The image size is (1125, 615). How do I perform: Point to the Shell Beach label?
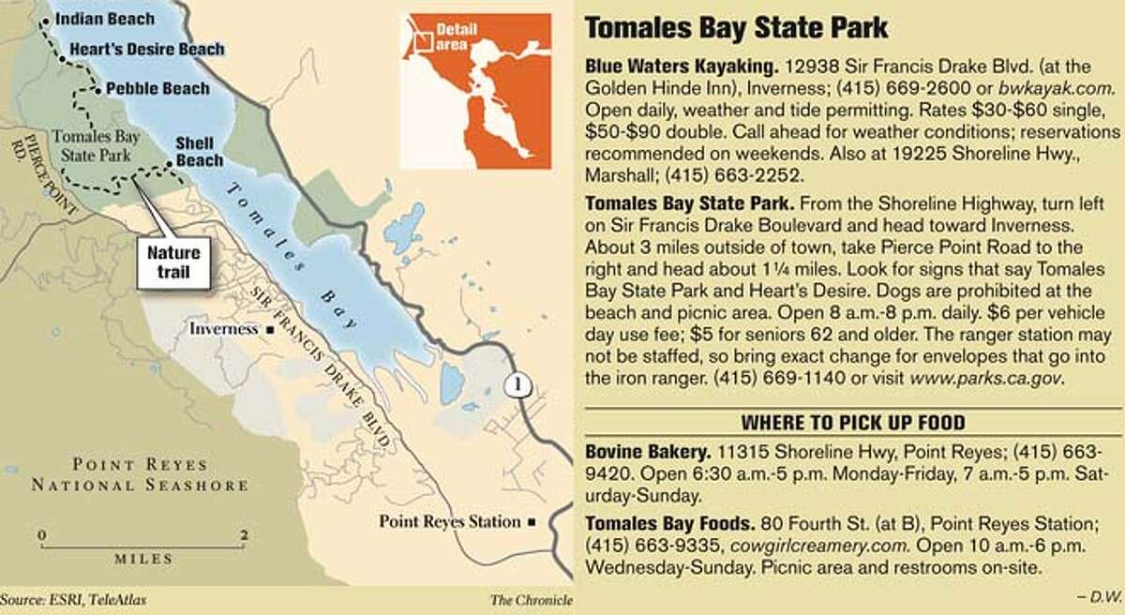click(x=200, y=152)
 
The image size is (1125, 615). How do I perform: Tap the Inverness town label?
click(x=224, y=329)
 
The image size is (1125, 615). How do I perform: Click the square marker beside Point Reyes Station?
click(x=532, y=521)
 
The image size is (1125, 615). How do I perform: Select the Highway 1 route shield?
click(x=512, y=384)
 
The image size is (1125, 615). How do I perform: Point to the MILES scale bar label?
click(x=143, y=559)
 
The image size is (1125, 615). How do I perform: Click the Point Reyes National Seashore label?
click(x=141, y=476)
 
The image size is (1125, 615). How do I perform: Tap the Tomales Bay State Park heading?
click(x=736, y=29)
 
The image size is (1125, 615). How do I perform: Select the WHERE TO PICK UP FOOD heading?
click(x=853, y=422)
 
